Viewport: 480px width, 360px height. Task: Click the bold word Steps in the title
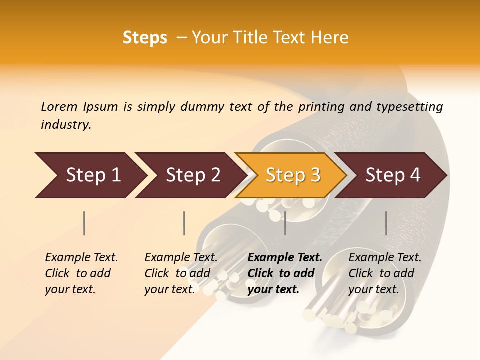pyautogui.click(x=145, y=38)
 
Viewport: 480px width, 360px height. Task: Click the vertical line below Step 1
pyautogui.click(x=84, y=223)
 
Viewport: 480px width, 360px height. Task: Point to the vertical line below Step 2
pyautogui.click(x=184, y=223)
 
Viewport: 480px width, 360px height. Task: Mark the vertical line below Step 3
pyautogui.click(x=285, y=223)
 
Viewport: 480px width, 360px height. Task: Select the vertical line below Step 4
pyautogui.click(x=386, y=223)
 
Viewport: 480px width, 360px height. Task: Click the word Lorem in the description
pyautogui.click(x=59, y=106)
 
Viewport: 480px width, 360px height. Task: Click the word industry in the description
pyautogui.click(x=65, y=125)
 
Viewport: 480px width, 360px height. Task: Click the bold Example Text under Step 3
pyautogui.click(x=285, y=258)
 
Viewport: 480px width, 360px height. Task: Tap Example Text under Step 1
pyautogui.click(x=81, y=258)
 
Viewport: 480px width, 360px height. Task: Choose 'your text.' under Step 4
pyautogui.click(x=373, y=289)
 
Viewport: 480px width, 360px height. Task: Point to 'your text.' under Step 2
pyautogui.click(x=169, y=289)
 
